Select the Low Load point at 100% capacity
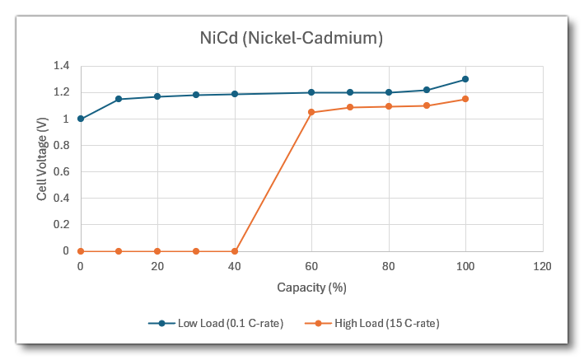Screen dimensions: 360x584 click(465, 79)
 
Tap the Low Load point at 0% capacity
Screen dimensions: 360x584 click(81, 119)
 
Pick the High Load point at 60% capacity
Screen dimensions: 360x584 click(311, 112)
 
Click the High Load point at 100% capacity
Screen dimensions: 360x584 click(465, 99)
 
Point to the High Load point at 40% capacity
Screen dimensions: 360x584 click(235, 250)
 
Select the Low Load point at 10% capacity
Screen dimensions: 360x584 click(119, 99)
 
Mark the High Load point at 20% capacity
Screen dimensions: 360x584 click(157, 250)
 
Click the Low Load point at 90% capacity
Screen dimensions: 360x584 click(427, 90)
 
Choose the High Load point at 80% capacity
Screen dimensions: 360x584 click(388, 106)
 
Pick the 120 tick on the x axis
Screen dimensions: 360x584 click(542, 266)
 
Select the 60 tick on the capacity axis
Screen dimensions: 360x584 click(311, 266)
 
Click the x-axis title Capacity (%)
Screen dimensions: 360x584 click(311, 288)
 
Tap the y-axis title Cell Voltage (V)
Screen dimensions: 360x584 click(41, 158)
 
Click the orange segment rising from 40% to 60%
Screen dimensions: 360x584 click(273, 182)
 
